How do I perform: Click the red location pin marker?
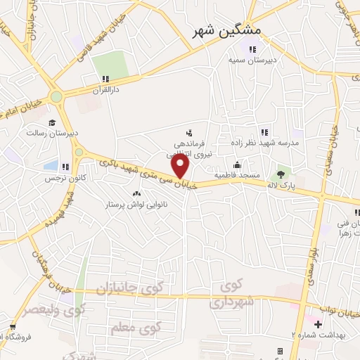pos(181,167)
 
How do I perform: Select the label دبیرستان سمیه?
pos(251,60)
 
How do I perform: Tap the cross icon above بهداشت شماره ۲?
pos(318,324)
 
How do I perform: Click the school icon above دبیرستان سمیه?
pos(251,49)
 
